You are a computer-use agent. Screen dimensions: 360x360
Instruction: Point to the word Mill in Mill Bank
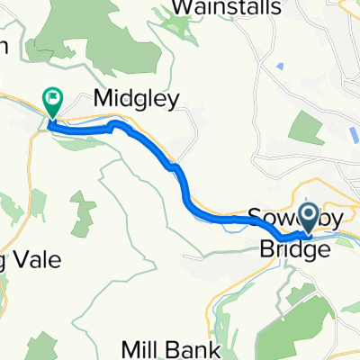click(144, 346)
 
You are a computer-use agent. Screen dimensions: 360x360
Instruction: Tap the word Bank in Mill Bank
click(193, 346)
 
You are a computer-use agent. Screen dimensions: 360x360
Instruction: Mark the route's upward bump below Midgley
click(114, 123)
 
